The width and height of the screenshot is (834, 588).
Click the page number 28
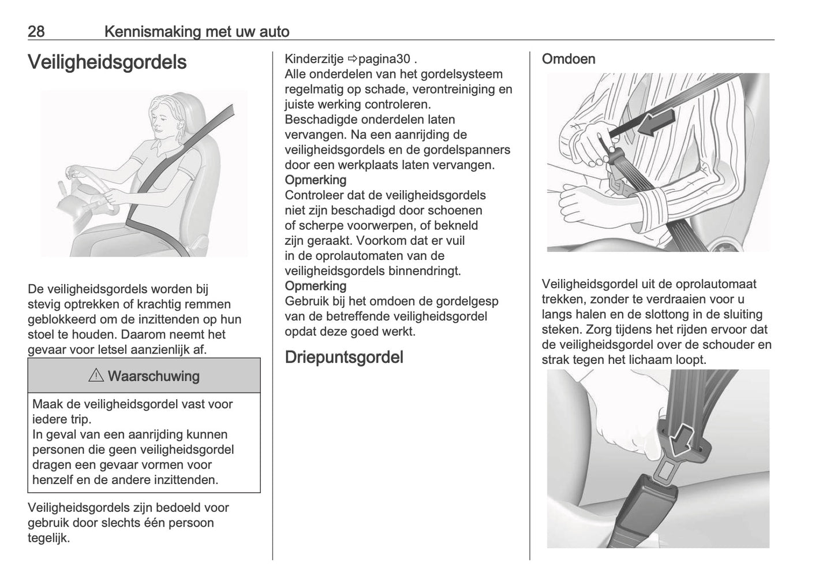coord(36,31)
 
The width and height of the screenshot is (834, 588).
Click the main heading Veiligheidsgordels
coord(107,62)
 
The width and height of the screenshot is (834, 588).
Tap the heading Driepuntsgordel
coord(344,357)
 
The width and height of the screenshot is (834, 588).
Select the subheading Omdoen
coord(568,59)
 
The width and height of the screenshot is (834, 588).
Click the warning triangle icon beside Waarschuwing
coord(96,376)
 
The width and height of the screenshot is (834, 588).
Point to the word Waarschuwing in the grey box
coord(154,376)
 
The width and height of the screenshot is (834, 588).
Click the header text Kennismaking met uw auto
coord(197,31)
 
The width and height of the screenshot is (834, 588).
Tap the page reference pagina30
coord(384,59)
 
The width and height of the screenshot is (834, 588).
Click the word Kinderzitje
coord(314,59)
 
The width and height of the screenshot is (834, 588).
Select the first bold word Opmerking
coord(315,180)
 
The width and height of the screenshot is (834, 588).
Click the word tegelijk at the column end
coord(48,538)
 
